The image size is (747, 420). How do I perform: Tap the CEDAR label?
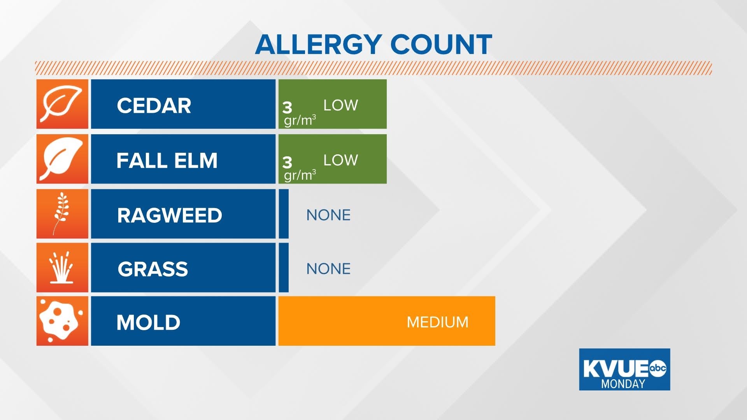(154, 105)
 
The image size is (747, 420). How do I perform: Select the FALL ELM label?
(167, 160)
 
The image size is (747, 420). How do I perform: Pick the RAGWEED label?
(170, 215)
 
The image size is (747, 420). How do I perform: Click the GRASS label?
(153, 269)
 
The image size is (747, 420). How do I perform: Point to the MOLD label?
(148, 322)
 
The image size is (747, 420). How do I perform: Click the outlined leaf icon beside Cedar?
(62, 104)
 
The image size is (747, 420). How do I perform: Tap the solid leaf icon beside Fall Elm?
(62, 159)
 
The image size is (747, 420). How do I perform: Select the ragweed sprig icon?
(61, 213)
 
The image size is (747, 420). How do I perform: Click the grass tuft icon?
(62, 268)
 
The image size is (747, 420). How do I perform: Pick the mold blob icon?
(61, 321)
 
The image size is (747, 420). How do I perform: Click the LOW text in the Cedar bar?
(340, 105)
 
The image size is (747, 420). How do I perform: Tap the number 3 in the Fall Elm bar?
(287, 162)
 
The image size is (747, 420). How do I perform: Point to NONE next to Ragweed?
(328, 215)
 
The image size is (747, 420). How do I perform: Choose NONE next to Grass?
(328, 269)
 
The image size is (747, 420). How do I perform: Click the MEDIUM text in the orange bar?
(437, 322)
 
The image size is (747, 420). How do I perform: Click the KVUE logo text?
(615, 368)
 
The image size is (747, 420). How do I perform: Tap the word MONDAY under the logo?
(623, 384)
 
